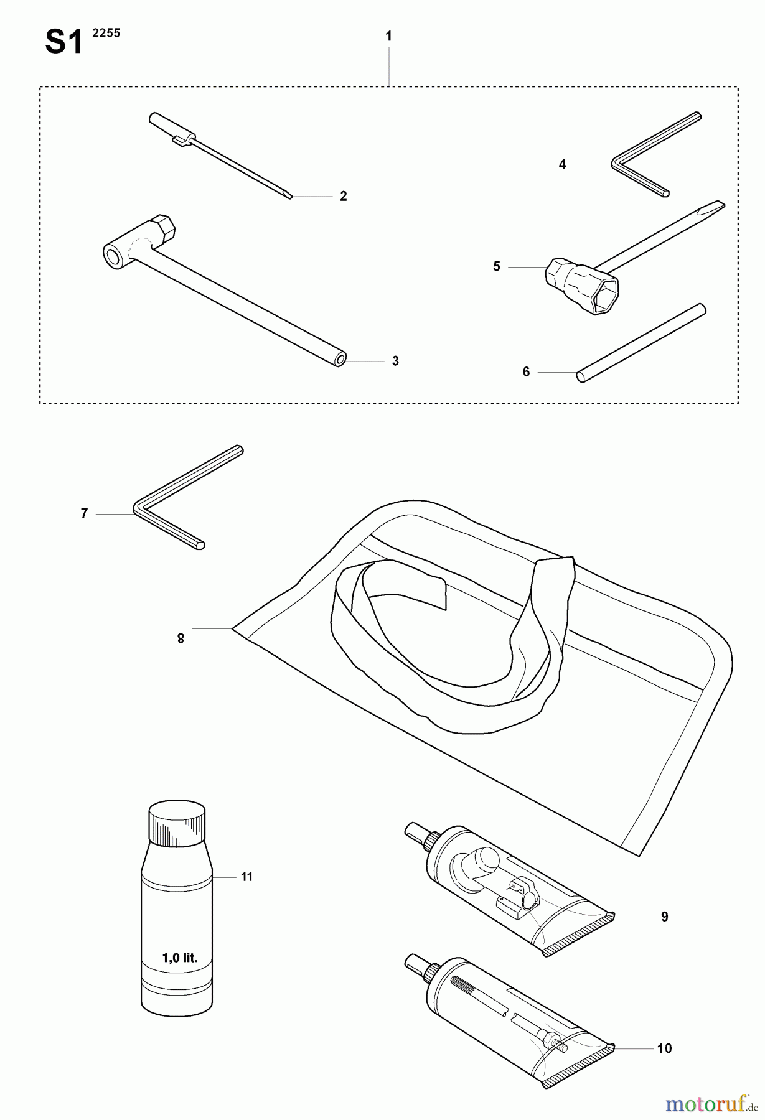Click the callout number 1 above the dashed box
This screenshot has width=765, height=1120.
(x=388, y=37)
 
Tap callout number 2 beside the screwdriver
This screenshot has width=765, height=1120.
(x=344, y=197)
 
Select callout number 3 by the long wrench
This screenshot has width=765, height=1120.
(x=395, y=361)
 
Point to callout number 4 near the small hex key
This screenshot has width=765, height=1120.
(x=563, y=165)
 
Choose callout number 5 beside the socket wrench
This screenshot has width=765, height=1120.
(x=497, y=267)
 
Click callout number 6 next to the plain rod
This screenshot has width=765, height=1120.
(x=526, y=372)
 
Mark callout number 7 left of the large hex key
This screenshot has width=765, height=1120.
(x=84, y=514)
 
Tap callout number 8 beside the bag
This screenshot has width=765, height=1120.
(x=181, y=638)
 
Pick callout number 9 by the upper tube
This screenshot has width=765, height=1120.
(x=665, y=917)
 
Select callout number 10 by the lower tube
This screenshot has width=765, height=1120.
(x=665, y=1048)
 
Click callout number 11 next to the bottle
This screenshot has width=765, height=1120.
(x=247, y=877)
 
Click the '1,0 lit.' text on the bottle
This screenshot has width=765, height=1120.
(x=180, y=958)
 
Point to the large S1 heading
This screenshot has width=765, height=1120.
(x=64, y=44)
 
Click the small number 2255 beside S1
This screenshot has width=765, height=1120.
(x=106, y=34)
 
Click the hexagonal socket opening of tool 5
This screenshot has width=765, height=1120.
(x=605, y=296)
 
